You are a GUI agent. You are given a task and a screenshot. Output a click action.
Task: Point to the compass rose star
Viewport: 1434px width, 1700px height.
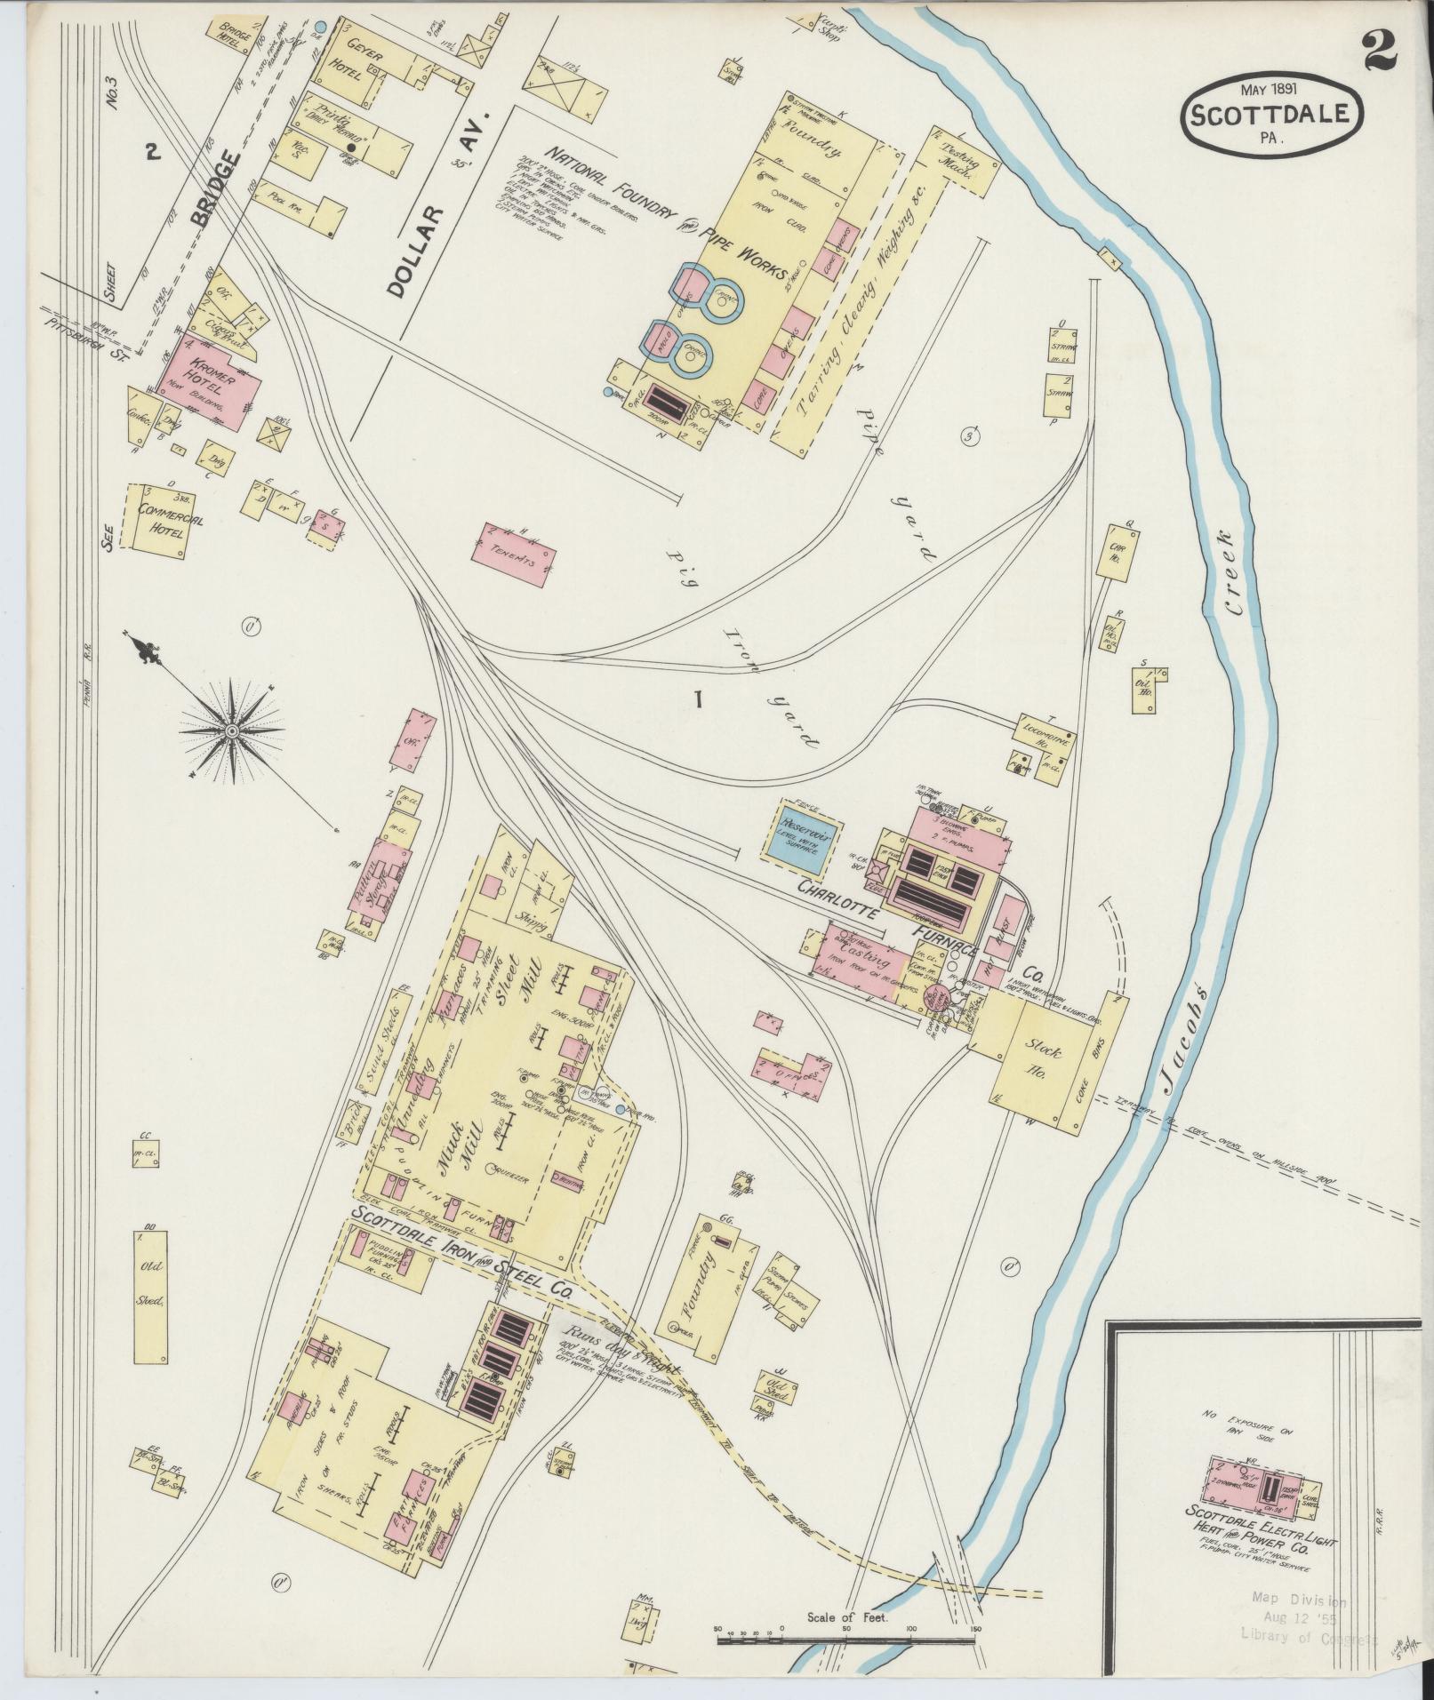tap(231, 730)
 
